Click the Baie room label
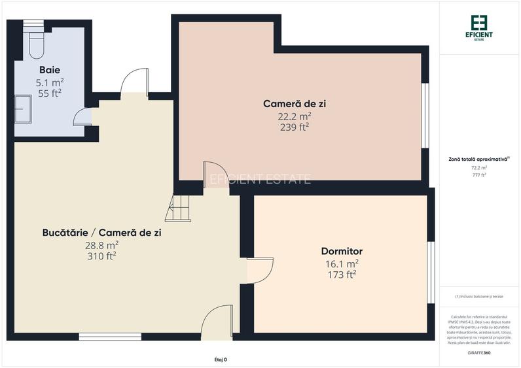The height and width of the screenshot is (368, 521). tap(50, 70)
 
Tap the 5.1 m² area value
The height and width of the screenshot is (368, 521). tap(50, 82)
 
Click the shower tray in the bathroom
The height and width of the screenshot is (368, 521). tap(23, 107)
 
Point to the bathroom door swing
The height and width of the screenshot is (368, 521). tap(82, 117)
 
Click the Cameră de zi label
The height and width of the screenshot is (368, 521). tap(294, 104)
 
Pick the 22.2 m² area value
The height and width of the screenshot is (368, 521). tap(294, 116)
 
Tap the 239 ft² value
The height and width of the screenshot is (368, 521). tap(294, 127)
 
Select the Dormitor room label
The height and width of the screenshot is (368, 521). tap(342, 252)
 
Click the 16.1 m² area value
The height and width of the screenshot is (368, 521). tap(342, 263)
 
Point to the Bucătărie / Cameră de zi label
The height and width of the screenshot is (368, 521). tap(101, 233)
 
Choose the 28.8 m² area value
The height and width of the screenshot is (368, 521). tap(101, 244)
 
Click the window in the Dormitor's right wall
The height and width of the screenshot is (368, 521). tap(431, 273)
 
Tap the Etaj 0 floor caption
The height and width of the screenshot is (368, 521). tap(221, 360)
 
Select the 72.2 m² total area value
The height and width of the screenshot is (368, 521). tap(480, 168)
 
